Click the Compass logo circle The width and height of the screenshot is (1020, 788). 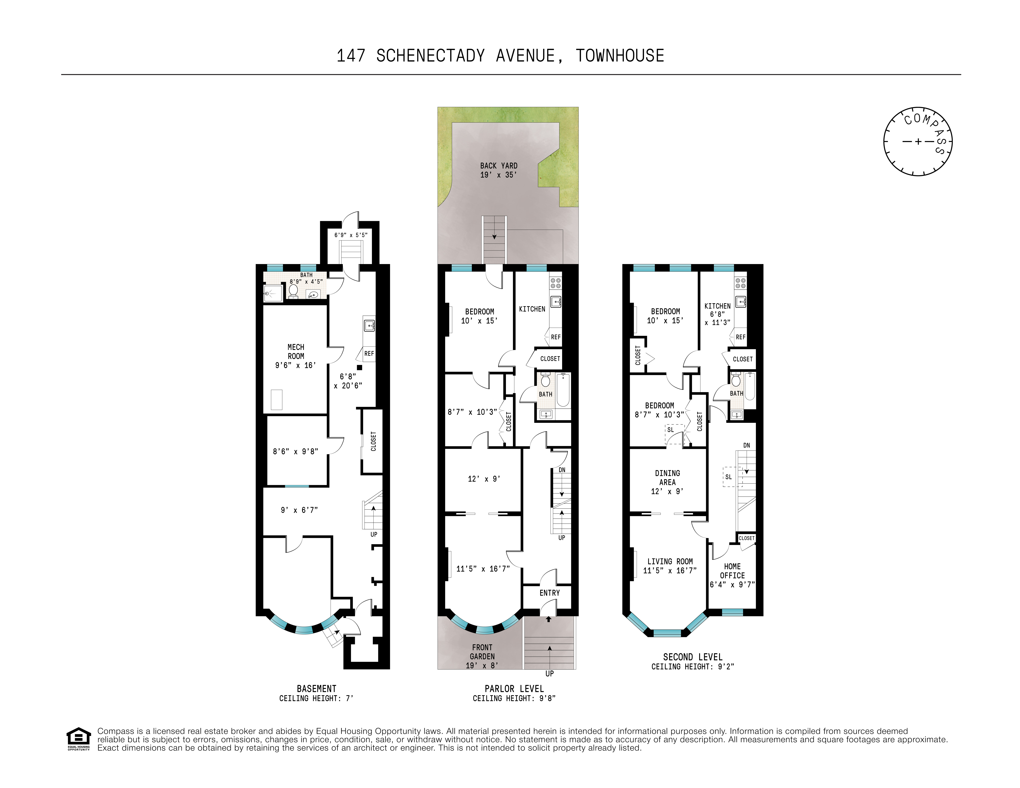pyautogui.click(x=918, y=141)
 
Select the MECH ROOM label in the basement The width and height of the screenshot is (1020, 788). pyautogui.click(x=296, y=356)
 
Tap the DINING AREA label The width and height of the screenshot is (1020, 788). pyautogui.click(x=667, y=478)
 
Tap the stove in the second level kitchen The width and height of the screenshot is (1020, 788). pyautogui.click(x=741, y=283)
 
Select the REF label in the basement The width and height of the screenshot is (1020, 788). pyautogui.click(x=369, y=353)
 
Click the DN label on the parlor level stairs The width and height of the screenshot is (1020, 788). pyautogui.click(x=562, y=470)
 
